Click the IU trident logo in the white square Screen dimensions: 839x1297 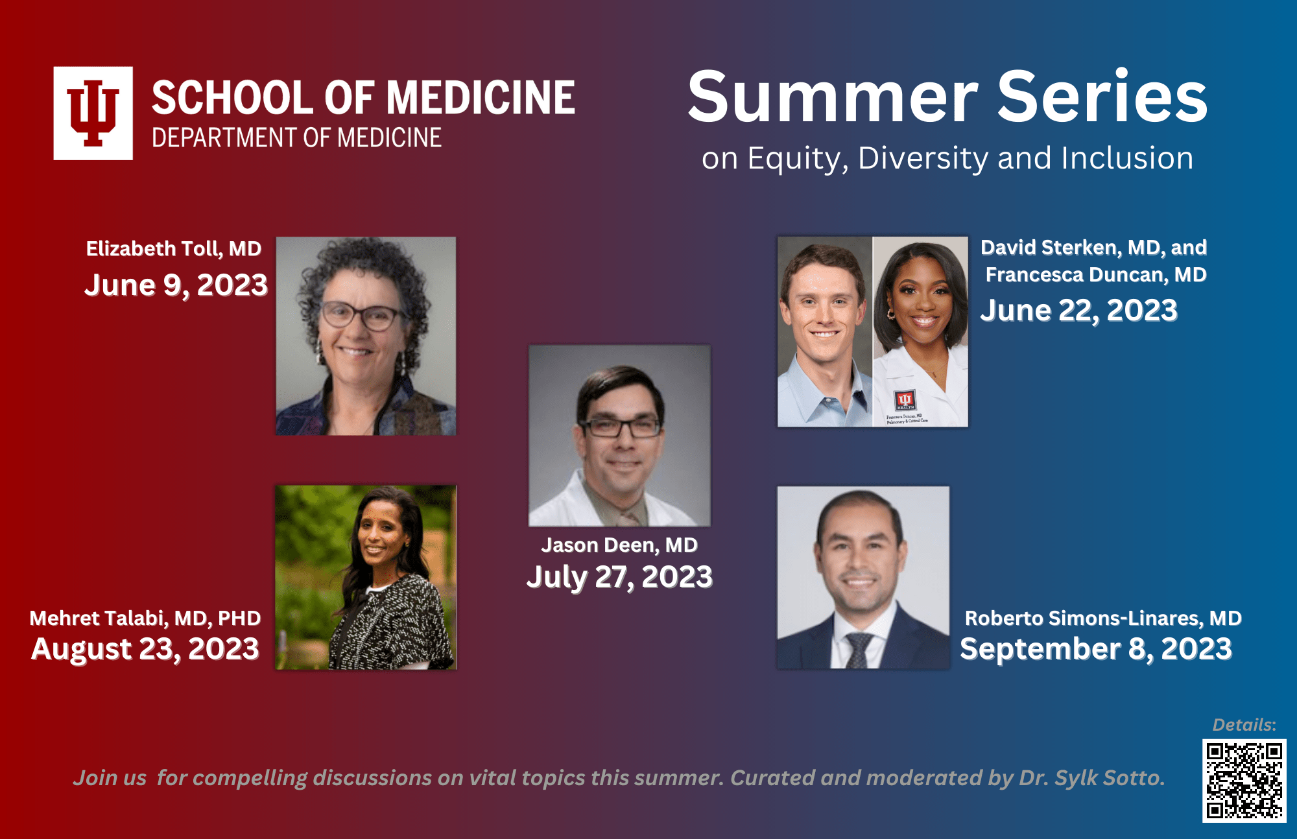pos(93,113)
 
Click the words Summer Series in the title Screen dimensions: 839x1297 pos(947,97)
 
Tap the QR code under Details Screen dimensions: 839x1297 pos(1244,781)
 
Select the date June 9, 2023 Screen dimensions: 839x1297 pos(176,285)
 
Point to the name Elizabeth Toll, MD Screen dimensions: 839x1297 pos(174,248)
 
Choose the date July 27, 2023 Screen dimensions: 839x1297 pos(619,576)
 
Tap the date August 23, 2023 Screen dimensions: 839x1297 pos(145,649)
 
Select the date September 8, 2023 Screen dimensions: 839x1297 pos(1096,649)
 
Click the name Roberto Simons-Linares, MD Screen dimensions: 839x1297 pos(1103,618)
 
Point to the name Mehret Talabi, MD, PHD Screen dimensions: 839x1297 pos(145,618)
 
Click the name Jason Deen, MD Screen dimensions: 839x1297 pos(619,545)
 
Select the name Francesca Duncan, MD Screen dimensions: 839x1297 pos(1096,275)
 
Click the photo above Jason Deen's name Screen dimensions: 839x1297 pos(619,435)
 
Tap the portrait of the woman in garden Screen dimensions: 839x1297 pos(366,577)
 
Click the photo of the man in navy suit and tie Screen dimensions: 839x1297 pos(863,577)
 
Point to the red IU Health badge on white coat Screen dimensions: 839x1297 pos(905,399)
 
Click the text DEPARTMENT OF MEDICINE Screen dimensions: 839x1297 pos(296,138)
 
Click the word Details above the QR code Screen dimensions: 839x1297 pos(1244,725)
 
